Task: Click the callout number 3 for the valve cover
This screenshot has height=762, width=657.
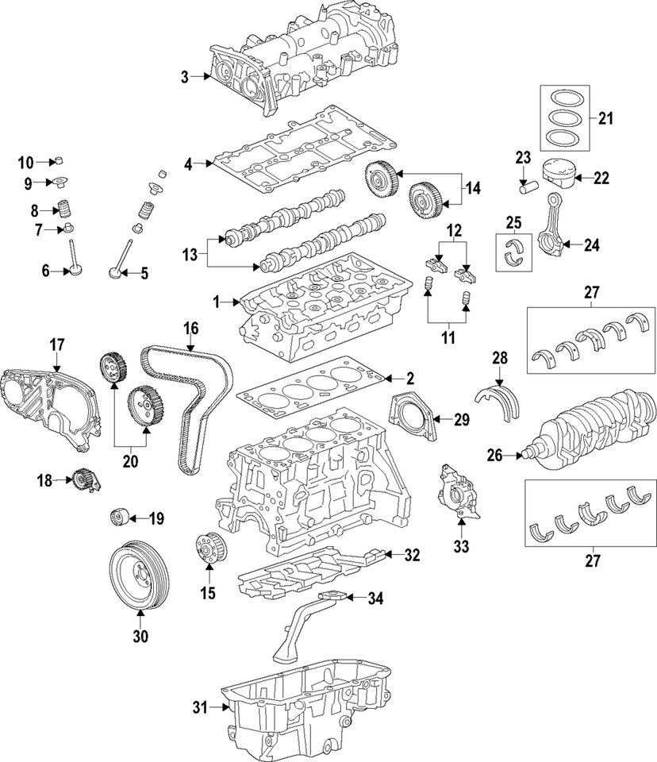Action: [x=184, y=77]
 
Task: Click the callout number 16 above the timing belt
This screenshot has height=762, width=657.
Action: [x=190, y=328]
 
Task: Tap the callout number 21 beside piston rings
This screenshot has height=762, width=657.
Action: [x=606, y=119]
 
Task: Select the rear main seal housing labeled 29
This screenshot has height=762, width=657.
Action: [x=412, y=415]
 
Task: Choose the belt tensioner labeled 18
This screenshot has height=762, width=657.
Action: [x=83, y=479]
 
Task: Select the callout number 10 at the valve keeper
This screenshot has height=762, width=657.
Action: [x=26, y=163]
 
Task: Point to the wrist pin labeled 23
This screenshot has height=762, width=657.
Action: [x=528, y=187]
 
